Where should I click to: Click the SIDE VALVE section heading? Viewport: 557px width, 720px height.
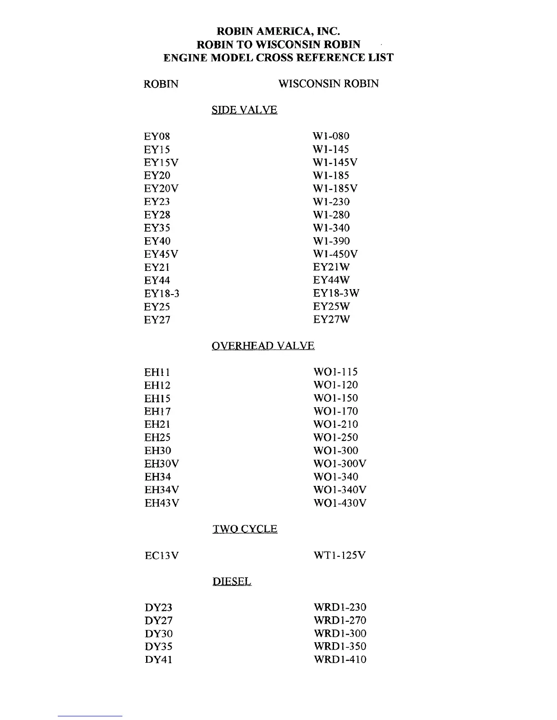click(x=244, y=110)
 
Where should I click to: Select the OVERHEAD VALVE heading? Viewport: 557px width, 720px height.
click(x=263, y=346)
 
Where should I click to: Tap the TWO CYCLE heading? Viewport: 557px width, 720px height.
click(x=245, y=529)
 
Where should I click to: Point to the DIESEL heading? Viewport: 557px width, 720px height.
click(x=232, y=582)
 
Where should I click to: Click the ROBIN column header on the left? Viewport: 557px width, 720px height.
click(x=161, y=84)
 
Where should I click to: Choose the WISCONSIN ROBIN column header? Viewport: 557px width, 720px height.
click(x=328, y=84)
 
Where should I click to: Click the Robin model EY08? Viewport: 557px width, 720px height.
click(x=157, y=136)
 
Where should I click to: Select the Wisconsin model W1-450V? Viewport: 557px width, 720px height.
click(x=335, y=254)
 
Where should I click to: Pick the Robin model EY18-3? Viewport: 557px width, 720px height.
click(x=162, y=294)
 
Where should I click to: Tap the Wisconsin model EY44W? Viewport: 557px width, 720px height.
click(x=331, y=280)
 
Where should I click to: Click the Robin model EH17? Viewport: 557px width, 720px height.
click(x=157, y=411)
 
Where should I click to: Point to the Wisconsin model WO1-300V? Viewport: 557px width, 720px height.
click(x=339, y=464)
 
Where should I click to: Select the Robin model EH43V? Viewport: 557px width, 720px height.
click(x=162, y=503)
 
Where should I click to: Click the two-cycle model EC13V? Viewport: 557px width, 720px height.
click(x=162, y=555)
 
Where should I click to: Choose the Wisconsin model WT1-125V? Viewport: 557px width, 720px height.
click(x=339, y=555)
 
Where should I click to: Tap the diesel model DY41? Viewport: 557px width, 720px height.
click(x=158, y=660)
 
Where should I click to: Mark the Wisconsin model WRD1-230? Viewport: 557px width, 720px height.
click(x=339, y=607)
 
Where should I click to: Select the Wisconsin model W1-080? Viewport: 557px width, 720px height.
click(x=331, y=136)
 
